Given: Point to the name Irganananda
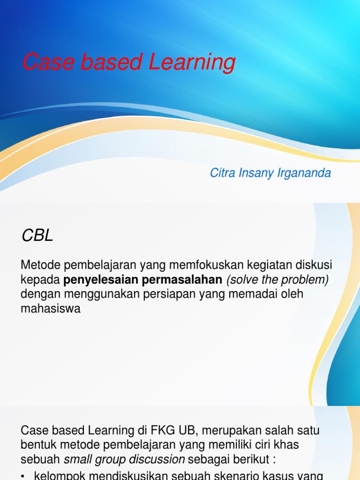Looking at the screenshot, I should click(304, 173).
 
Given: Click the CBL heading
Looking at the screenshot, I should click(37, 236).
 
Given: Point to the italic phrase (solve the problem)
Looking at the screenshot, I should click(277, 280).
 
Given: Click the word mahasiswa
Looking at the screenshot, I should click(51, 309).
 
